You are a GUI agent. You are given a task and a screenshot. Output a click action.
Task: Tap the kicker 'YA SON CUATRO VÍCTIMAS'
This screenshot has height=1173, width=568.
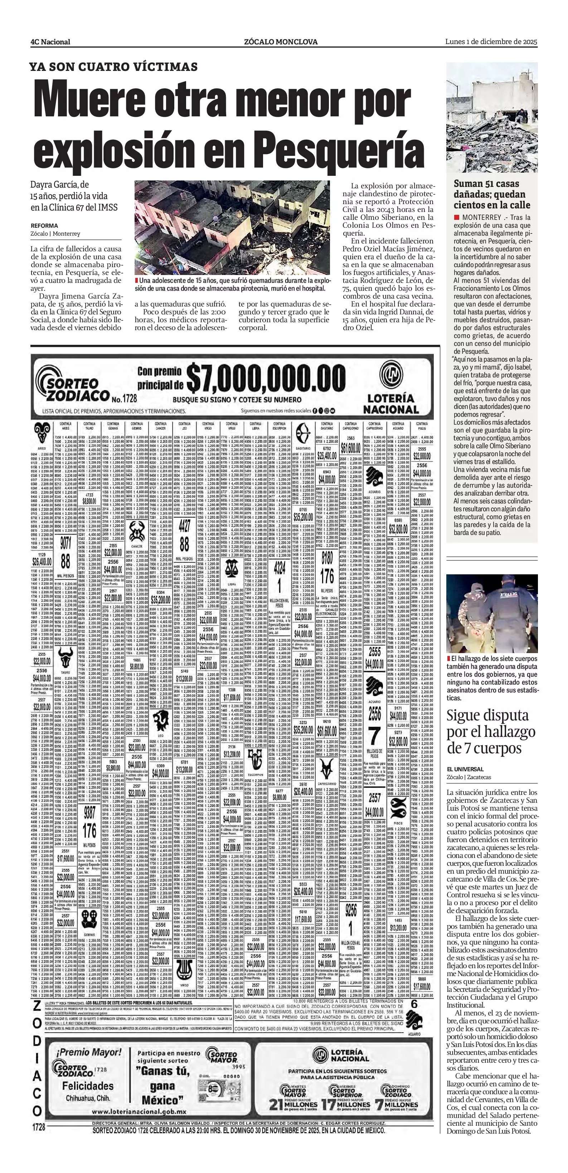point(114,67)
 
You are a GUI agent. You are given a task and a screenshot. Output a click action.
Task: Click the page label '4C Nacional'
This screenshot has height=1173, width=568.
point(50,42)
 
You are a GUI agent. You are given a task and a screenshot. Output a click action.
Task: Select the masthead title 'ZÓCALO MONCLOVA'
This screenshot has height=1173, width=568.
point(281,42)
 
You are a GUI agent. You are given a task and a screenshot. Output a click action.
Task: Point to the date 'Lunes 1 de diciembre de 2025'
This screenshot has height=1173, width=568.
point(491,42)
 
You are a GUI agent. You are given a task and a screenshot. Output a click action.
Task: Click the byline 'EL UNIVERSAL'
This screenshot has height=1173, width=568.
point(466,769)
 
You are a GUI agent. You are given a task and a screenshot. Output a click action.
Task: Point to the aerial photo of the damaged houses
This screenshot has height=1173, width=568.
point(232,228)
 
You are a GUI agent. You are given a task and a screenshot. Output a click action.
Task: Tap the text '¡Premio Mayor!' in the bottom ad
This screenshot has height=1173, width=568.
point(89,1052)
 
